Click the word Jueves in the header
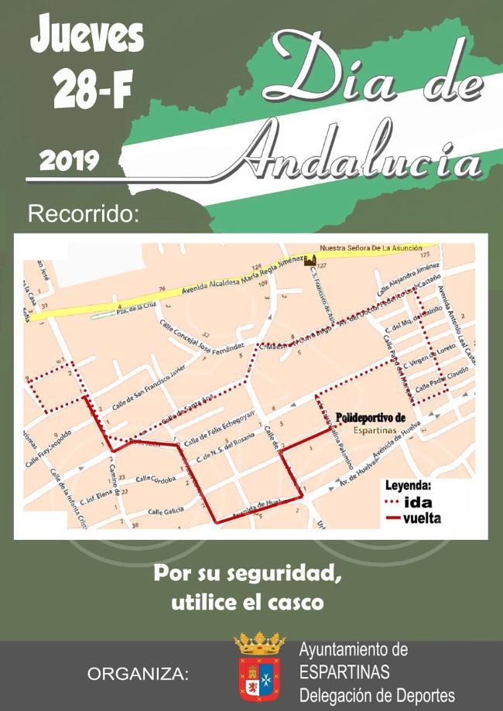click(x=87, y=35)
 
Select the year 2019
click(x=69, y=161)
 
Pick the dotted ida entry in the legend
click(x=410, y=501)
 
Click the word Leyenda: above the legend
click(x=409, y=486)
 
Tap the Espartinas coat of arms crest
click(x=259, y=666)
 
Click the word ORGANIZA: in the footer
click(x=139, y=675)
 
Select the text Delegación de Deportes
click(x=377, y=695)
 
